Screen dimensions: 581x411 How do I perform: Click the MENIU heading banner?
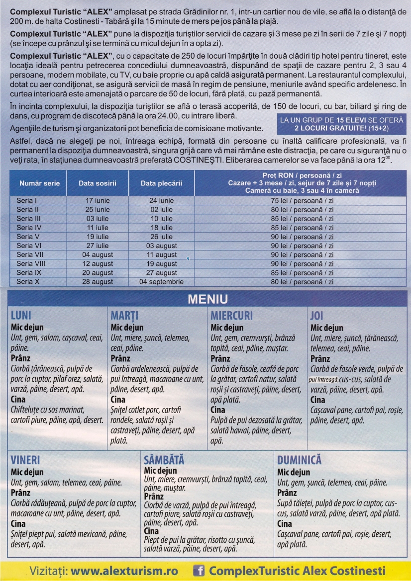click(207, 299)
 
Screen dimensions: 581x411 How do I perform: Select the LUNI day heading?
click(21, 316)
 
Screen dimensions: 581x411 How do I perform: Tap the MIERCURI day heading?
click(231, 316)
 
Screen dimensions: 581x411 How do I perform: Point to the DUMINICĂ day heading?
click(299, 460)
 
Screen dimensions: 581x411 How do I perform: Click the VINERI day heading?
click(25, 460)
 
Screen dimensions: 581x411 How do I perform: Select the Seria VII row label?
click(30, 255)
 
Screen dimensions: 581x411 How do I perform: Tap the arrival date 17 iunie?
click(98, 201)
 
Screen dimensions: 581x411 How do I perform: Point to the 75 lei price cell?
click(302, 201)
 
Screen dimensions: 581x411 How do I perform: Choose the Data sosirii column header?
click(98, 183)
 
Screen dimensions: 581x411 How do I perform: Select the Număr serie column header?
click(39, 183)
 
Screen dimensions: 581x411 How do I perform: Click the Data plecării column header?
click(161, 183)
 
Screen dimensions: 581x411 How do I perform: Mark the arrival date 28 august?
click(98, 282)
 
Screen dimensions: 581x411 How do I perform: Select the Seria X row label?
click(28, 282)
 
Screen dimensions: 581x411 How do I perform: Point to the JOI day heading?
click(317, 316)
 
